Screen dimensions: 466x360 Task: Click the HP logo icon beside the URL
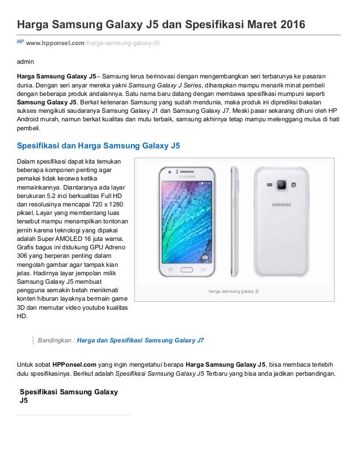[20, 41]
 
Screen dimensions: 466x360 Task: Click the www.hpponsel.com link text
[55, 42]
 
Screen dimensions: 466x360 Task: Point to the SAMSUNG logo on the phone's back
[280, 205]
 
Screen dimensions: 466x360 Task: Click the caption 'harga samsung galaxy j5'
[234, 292]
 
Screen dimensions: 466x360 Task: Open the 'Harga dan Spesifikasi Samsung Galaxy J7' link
[140, 341]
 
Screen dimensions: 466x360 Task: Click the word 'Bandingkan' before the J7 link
[54, 341]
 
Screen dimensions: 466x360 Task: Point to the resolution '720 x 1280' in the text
[104, 204]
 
